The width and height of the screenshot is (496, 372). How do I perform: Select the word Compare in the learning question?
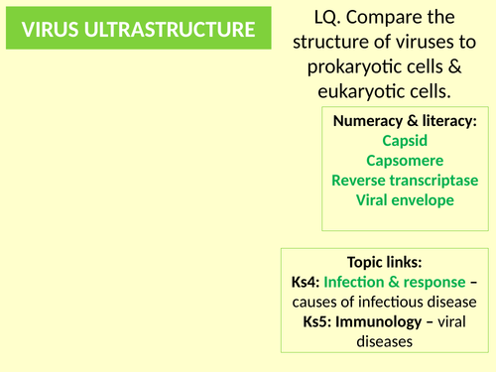pyautogui.click(x=380, y=18)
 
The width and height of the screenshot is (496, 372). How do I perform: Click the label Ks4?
pyautogui.click(x=307, y=283)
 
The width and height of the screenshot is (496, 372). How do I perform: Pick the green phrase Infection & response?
pyautogui.click(x=395, y=283)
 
